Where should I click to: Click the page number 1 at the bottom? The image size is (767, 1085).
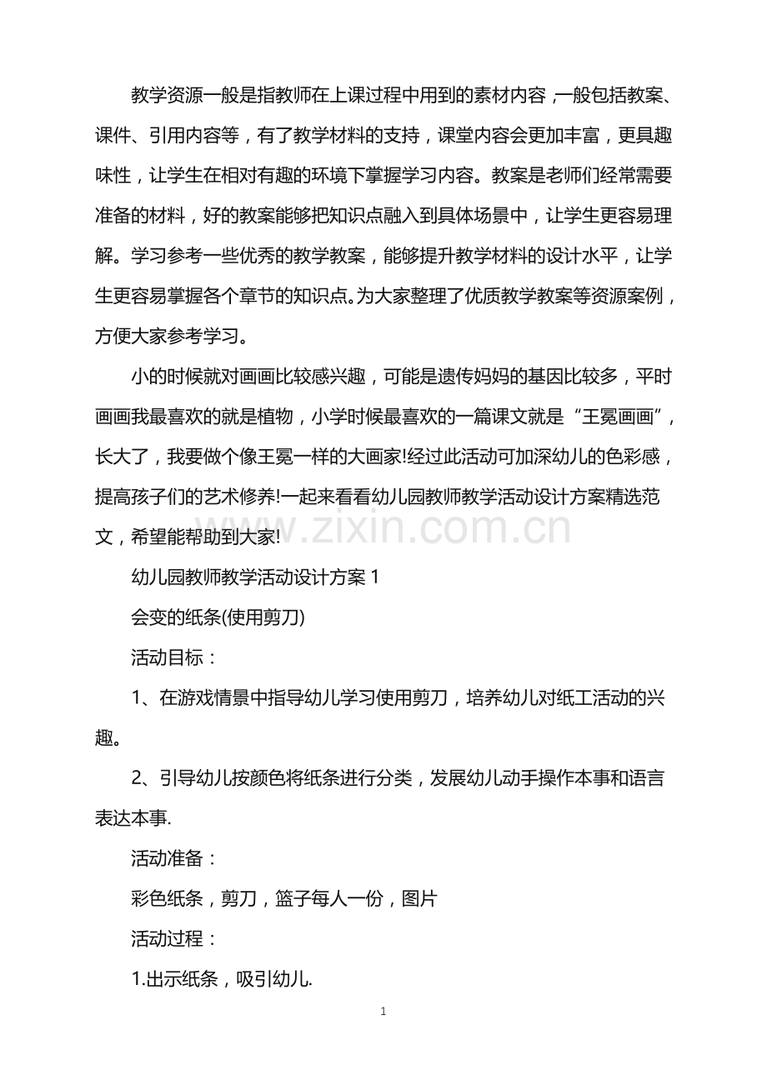383,1012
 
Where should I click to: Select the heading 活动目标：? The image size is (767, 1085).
175,657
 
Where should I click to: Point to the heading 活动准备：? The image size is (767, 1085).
175,859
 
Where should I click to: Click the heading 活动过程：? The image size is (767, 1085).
175,939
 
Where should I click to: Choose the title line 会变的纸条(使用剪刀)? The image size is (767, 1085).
218,617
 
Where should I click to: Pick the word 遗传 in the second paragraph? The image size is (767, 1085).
476,376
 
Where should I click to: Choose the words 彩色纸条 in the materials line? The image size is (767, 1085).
168,899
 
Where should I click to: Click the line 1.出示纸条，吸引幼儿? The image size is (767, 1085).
222,979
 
